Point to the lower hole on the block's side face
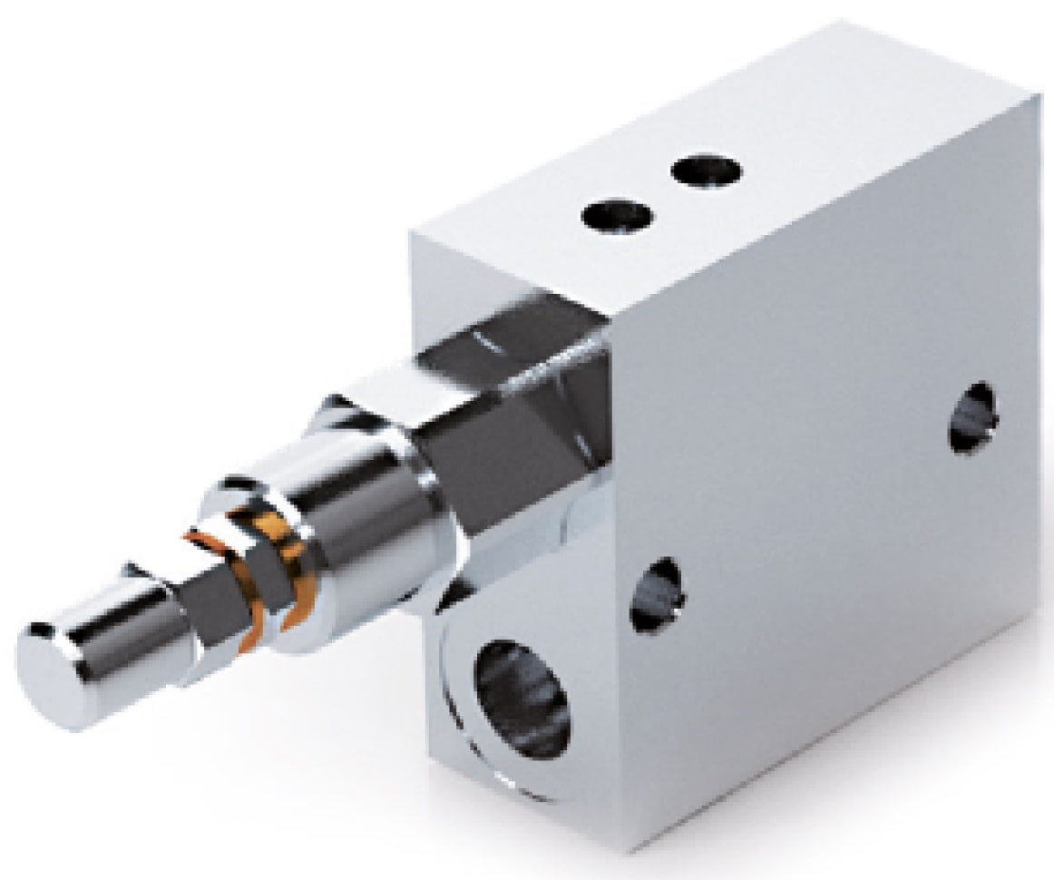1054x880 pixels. [659, 594]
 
